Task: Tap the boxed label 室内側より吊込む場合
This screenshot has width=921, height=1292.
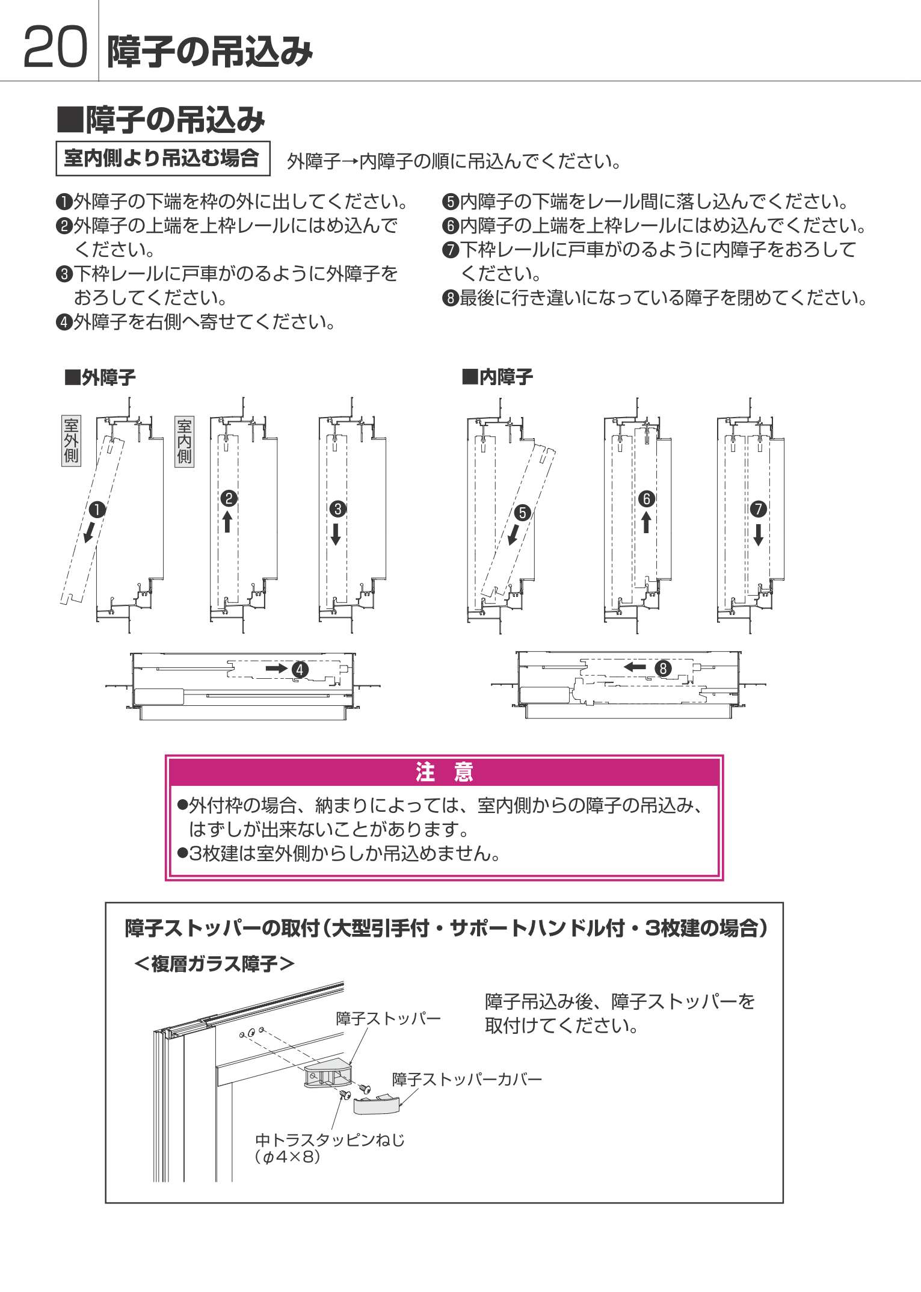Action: click(163, 159)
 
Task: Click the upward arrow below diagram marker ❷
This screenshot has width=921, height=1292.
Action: click(227, 522)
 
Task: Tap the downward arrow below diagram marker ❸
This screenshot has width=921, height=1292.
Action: click(336, 533)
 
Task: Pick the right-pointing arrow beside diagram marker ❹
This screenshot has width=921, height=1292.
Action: click(277, 668)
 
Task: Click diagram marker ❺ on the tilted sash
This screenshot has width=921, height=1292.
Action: click(522, 513)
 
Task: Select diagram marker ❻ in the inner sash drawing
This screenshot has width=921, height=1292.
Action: click(647, 499)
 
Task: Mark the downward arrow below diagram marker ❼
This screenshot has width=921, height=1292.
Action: click(758, 534)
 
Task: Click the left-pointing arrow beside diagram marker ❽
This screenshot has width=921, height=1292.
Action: click(635, 667)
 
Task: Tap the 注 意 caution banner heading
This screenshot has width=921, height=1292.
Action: click(445, 772)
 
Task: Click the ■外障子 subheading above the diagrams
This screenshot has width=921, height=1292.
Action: click(100, 378)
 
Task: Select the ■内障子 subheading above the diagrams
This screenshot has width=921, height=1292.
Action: click(497, 377)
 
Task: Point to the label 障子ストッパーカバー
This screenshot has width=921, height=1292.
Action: click(467, 1080)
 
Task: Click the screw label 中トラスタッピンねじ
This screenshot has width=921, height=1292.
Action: click(330, 1140)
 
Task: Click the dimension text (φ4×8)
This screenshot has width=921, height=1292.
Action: click(288, 1157)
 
